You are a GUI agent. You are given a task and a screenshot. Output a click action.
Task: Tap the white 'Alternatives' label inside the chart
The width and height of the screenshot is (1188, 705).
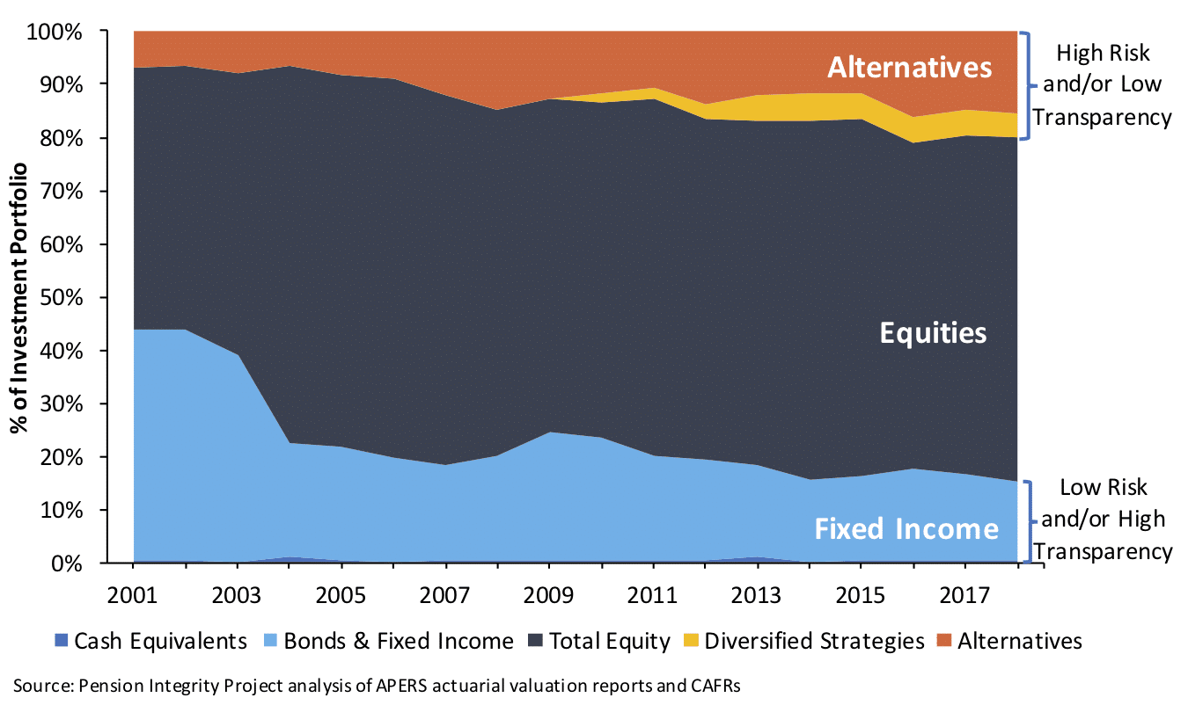pos(910,67)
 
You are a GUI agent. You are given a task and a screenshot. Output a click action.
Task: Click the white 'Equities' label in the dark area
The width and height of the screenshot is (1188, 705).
pos(933,333)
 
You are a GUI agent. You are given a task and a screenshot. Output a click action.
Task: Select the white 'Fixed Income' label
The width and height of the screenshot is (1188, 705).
pos(906,529)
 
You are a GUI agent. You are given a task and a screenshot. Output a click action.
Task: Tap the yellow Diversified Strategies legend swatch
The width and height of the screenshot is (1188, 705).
pos(691,641)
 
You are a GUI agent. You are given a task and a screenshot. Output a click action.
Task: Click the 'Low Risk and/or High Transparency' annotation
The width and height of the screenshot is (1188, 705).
pos(1104,519)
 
